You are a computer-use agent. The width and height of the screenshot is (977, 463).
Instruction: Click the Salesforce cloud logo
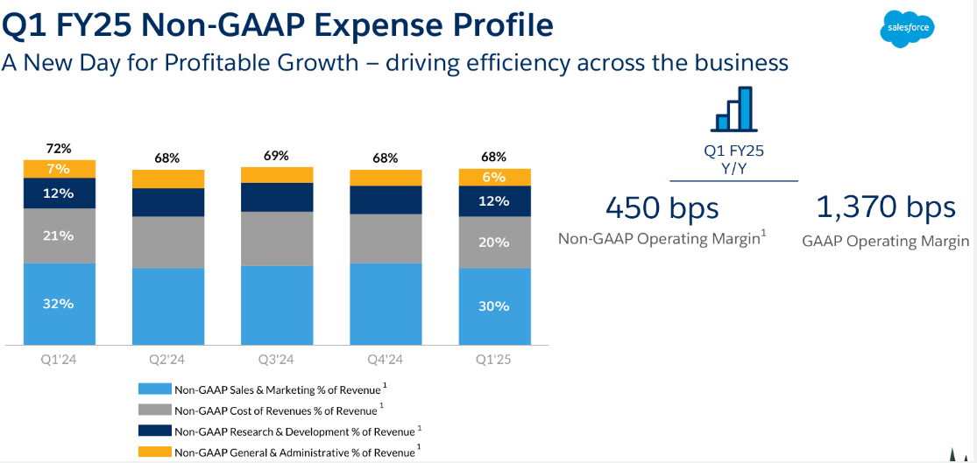click(907, 27)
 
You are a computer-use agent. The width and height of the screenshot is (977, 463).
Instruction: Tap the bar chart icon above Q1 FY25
click(733, 109)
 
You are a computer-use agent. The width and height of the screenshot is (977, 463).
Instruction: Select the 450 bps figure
click(662, 208)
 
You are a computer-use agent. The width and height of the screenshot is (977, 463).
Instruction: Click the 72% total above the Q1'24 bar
click(59, 149)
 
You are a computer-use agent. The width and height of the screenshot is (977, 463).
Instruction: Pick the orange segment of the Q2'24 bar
click(167, 179)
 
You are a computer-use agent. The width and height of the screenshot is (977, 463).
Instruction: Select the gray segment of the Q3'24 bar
click(276, 238)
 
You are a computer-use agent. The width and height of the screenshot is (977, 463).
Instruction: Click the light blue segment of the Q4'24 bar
click(385, 304)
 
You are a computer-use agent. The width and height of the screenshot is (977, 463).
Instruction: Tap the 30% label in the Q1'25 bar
click(494, 306)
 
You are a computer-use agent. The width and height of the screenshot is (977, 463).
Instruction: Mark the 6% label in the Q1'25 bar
click(494, 177)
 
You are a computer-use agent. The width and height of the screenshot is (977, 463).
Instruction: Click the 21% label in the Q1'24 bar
click(59, 235)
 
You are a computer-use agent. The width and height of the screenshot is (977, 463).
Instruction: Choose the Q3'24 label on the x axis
click(276, 360)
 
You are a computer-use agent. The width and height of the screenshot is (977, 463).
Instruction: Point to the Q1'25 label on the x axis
click(494, 360)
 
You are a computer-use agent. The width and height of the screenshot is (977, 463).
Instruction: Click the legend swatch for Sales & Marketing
click(154, 389)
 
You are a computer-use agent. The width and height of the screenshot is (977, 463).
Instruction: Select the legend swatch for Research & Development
click(154, 431)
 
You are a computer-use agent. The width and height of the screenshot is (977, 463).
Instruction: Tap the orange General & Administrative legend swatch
click(154, 452)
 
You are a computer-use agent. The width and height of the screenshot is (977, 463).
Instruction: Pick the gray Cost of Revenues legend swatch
click(154, 410)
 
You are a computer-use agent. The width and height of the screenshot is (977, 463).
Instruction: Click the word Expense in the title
click(407, 25)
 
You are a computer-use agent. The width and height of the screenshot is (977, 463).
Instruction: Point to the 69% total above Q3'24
click(276, 156)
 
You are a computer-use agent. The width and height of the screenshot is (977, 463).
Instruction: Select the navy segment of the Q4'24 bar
click(385, 200)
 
